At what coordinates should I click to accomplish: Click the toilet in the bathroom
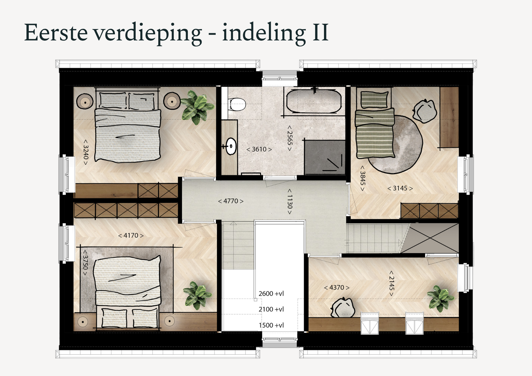pyautogui.click(x=237, y=104)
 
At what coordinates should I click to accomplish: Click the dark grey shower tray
pyautogui.click(x=325, y=157)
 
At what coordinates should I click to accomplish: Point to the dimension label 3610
pyautogui.click(x=259, y=149)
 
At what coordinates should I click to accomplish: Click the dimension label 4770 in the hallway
pyautogui.click(x=231, y=201)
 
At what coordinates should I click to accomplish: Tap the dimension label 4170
pyautogui.click(x=131, y=236)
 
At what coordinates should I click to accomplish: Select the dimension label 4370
pyautogui.click(x=337, y=288)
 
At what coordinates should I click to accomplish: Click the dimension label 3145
pyautogui.click(x=400, y=188)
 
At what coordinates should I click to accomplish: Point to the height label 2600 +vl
pyautogui.click(x=271, y=294)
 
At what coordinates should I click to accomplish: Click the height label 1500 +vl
pyautogui.click(x=271, y=325)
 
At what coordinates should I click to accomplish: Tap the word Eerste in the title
pyautogui.click(x=56, y=32)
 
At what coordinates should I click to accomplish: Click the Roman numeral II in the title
pyautogui.click(x=321, y=32)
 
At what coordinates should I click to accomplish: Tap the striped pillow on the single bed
pyautogui.click(x=374, y=100)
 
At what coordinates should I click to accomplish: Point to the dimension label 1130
pyautogui.click(x=290, y=202)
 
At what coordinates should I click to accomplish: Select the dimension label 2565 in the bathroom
pyautogui.click(x=290, y=138)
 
